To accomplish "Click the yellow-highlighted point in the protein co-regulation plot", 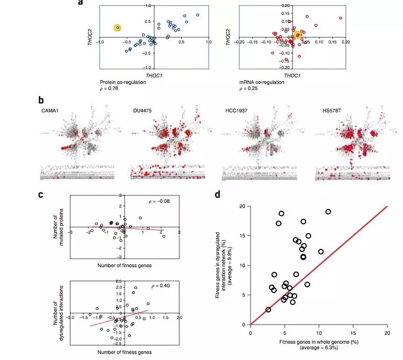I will (118, 28).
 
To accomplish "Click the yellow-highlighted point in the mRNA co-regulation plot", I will (298, 35).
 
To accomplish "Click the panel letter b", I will (42, 100).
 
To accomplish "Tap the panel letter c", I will (42, 195).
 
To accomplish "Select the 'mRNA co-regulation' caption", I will (262, 82).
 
